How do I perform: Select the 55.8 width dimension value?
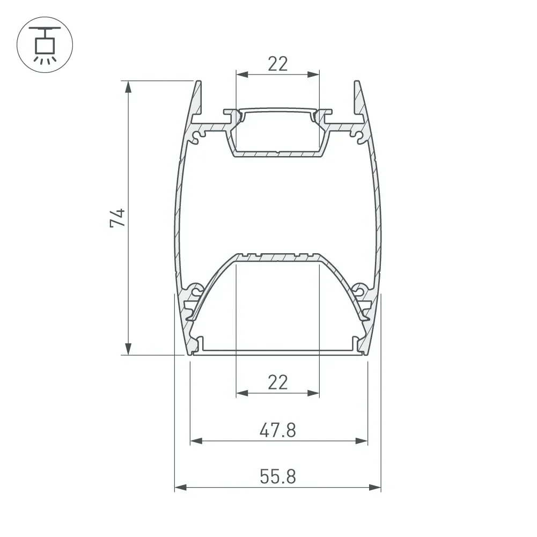point(278,476)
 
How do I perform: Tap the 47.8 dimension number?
point(278,430)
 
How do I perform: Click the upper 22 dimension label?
point(278,64)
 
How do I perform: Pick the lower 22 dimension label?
point(278,382)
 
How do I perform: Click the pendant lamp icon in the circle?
point(45,45)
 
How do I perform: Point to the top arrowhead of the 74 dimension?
point(128,87)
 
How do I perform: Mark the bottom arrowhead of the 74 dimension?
point(128,349)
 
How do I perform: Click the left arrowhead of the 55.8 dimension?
point(180,487)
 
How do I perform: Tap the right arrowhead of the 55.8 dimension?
point(375,487)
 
